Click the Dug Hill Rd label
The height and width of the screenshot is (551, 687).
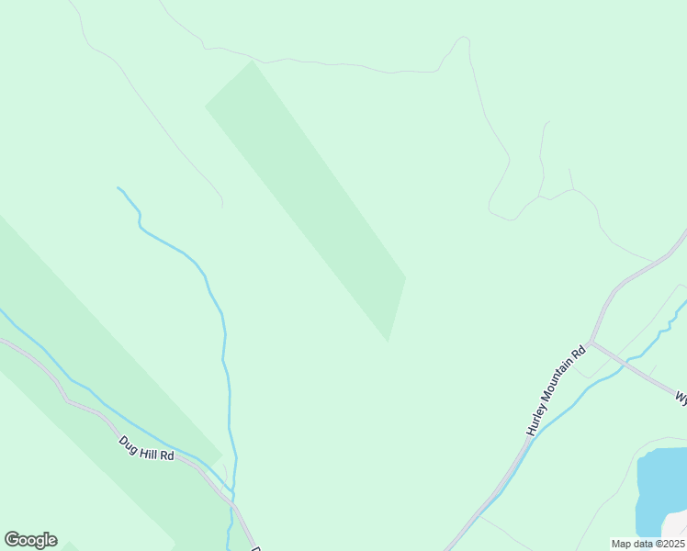pos(146,447)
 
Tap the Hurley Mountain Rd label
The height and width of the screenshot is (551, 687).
pos(556,390)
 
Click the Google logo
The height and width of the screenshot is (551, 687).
pos(30,540)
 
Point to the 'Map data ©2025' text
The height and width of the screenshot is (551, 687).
pos(648,544)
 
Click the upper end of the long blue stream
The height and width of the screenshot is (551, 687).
pos(118,188)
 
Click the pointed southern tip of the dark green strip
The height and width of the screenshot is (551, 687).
pos(388,340)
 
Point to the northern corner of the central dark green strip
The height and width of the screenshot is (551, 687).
pos(250,62)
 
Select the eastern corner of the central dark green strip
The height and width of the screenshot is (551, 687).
pos(405,275)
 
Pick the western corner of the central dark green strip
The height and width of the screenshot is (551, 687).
pos(205,107)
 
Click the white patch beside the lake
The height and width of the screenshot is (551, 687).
pos(675,525)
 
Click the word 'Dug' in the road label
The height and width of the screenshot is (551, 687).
pos(129,441)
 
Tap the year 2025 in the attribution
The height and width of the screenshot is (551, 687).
pos(671,544)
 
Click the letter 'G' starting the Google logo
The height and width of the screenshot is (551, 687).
pos(12,540)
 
